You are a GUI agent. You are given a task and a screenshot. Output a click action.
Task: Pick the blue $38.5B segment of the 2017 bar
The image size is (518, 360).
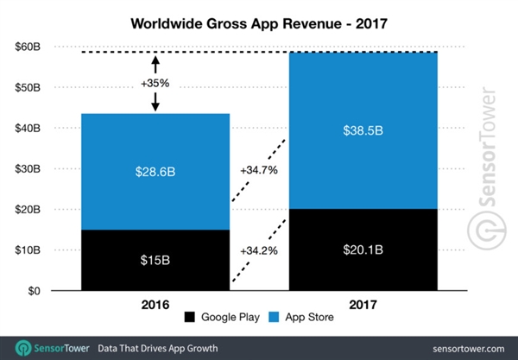click(x=363, y=130)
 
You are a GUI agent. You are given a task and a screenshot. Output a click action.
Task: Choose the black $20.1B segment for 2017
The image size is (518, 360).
click(x=363, y=250)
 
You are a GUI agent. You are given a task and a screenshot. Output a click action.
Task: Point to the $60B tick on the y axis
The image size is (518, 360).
click(x=28, y=48)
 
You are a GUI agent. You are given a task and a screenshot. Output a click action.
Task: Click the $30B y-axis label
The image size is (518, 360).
click(x=28, y=169)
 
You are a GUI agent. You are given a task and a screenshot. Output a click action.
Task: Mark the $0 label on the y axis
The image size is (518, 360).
click(x=34, y=291)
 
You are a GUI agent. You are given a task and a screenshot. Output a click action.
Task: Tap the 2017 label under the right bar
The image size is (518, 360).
click(x=363, y=306)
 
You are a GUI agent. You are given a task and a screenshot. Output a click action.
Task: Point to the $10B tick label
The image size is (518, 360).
click(x=28, y=250)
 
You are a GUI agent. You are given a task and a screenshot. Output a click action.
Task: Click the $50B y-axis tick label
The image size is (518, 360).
click(x=28, y=89)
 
